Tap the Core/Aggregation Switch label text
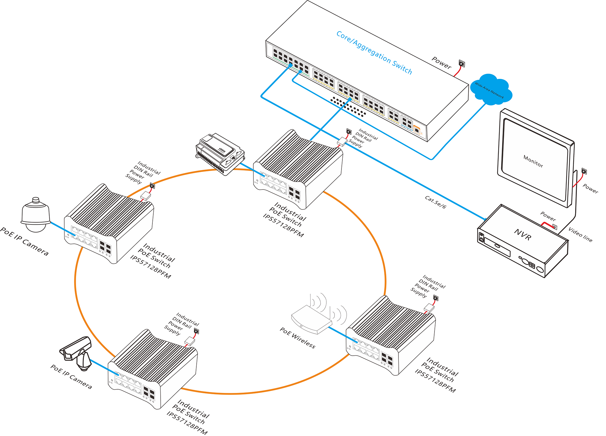tap(374, 53)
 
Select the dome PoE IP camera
tap(36, 215)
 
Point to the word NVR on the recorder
tap(523, 235)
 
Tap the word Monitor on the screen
tap(533, 161)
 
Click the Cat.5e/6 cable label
tap(435, 202)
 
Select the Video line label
tap(580, 234)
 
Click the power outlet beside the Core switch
tap(462, 64)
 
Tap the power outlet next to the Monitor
tap(584, 172)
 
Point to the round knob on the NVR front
tap(540, 269)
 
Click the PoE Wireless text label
tap(298, 338)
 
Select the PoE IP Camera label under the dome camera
tap(24, 241)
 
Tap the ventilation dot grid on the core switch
tap(348, 106)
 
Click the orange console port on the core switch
tap(417, 129)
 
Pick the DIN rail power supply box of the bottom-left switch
tap(190, 341)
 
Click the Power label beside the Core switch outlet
tap(441, 62)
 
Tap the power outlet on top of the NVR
tap(554, 226)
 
